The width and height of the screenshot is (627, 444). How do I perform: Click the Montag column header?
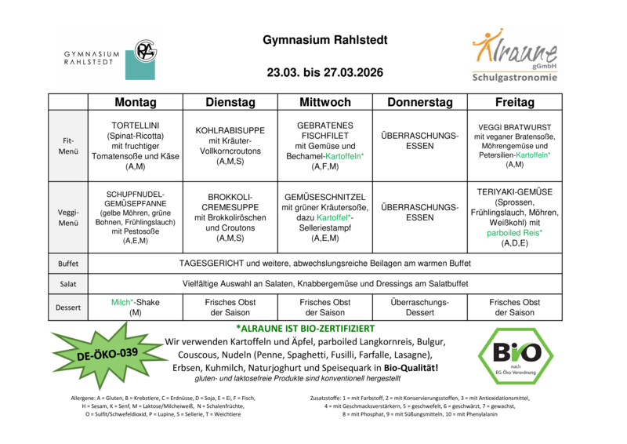135,103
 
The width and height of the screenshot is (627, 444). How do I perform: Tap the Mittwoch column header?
325,103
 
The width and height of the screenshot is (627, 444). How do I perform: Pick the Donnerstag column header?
420,103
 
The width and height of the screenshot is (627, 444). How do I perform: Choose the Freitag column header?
515,103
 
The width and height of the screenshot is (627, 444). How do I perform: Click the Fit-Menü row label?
68,146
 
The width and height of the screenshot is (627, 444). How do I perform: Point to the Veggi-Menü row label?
68,217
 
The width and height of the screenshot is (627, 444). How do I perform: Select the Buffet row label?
68,264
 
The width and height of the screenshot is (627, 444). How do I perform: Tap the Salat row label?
68,283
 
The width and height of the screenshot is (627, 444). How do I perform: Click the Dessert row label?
68,308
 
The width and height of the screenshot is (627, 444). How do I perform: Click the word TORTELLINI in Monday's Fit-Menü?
136,125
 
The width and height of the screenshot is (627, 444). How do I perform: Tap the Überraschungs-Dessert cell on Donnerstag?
420,308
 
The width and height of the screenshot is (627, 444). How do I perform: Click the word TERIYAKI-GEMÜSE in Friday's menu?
515,191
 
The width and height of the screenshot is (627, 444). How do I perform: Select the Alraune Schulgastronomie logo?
514,56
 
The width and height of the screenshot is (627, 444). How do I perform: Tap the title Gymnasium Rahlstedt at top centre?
324,40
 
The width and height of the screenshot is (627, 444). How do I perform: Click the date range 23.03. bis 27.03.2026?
324,73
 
